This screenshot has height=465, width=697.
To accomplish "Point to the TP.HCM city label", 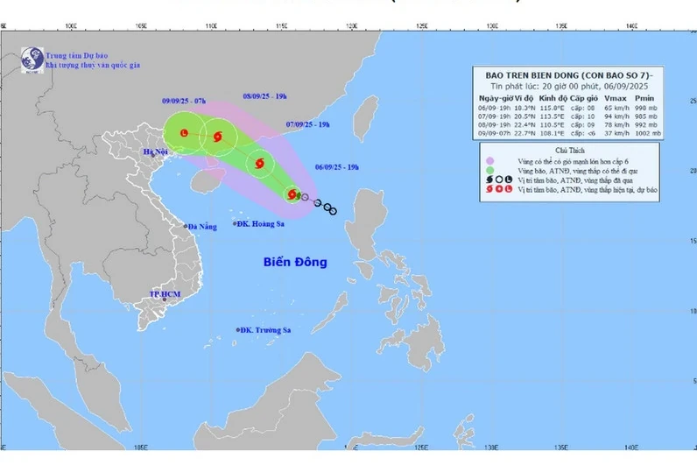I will coord(165,294).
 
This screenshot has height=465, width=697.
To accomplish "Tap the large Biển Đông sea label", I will coord(295,262).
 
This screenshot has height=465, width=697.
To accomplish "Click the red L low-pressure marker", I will coord(184,133).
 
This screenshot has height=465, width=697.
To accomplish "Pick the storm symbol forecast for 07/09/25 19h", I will coord(259,162).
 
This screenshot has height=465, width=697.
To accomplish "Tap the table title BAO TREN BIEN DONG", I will coord(567,75).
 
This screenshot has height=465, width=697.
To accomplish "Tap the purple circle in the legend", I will coord(489,159).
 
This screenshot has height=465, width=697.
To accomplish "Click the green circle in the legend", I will coord(489,169).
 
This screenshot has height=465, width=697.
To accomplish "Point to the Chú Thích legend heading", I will coord(567,150).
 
